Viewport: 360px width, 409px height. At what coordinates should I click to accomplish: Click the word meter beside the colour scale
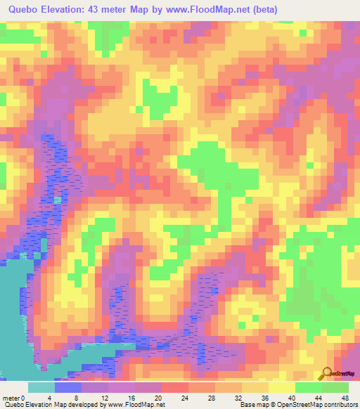(12, 397)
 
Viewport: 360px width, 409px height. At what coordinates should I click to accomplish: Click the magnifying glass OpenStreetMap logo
(326, 372)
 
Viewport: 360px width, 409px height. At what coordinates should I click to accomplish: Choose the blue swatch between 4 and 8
(68, 387)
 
